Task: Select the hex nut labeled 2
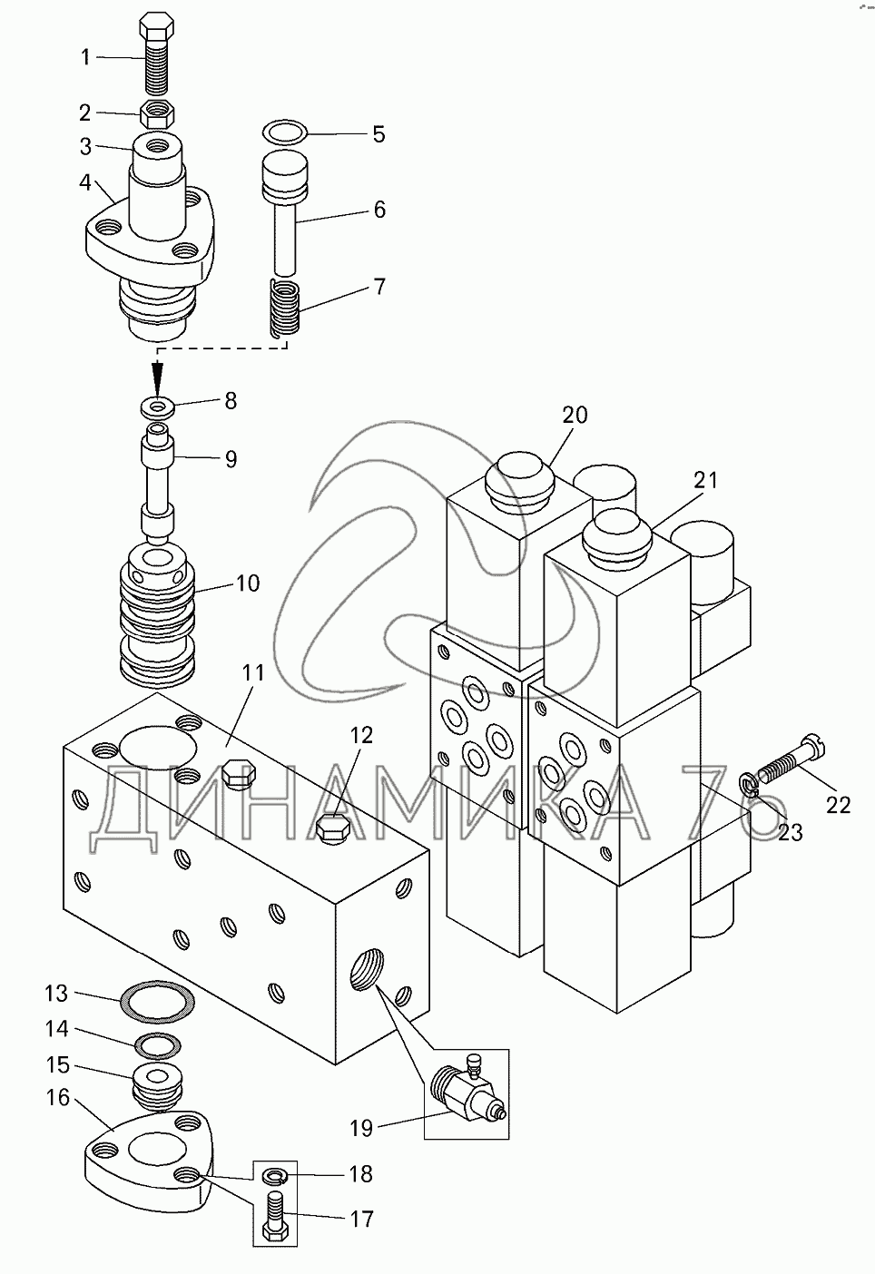[157, 113]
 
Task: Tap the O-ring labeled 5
[285, 132]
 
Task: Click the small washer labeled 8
[158, 407]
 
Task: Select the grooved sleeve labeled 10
[158, 613]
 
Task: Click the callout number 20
[575, 415]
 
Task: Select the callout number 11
[253, 672]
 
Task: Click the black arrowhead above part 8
[158, 377]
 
